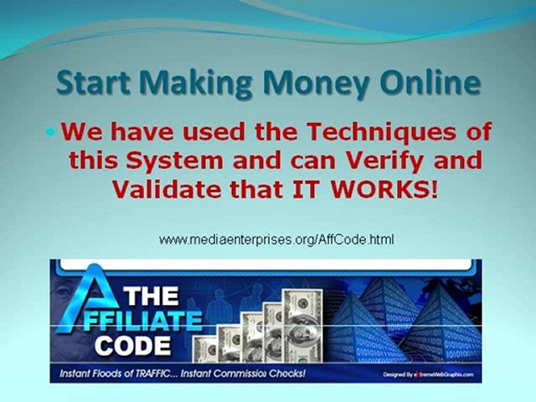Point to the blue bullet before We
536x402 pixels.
point(50,132)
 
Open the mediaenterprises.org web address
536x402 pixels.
point(276,240)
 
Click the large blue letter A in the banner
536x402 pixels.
point(84,301)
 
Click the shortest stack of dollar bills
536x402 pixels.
point(206,348)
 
